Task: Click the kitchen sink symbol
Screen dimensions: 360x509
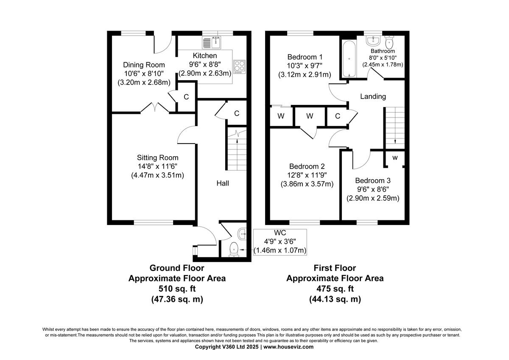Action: coord(212,42)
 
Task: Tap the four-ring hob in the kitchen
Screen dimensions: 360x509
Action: coord(239,67)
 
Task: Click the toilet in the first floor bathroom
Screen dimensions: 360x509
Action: coord(389,42)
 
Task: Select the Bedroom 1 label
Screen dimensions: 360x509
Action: coord(305,57)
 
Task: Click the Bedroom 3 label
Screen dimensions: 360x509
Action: coord(373,180)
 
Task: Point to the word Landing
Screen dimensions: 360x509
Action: coord(373,96)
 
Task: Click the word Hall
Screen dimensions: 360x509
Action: coord(223,183)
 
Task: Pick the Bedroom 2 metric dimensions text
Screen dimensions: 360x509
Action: coord(307,184)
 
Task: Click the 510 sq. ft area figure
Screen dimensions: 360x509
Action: coord(177,289)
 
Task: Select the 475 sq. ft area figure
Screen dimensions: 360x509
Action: coord(335,289)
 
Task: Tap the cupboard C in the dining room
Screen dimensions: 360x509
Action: coord(186,97)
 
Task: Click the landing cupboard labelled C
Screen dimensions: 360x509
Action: coord(338,116)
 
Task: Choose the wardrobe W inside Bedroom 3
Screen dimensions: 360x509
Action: coord(394,158)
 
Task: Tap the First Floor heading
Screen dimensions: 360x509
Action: coord(335,268)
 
